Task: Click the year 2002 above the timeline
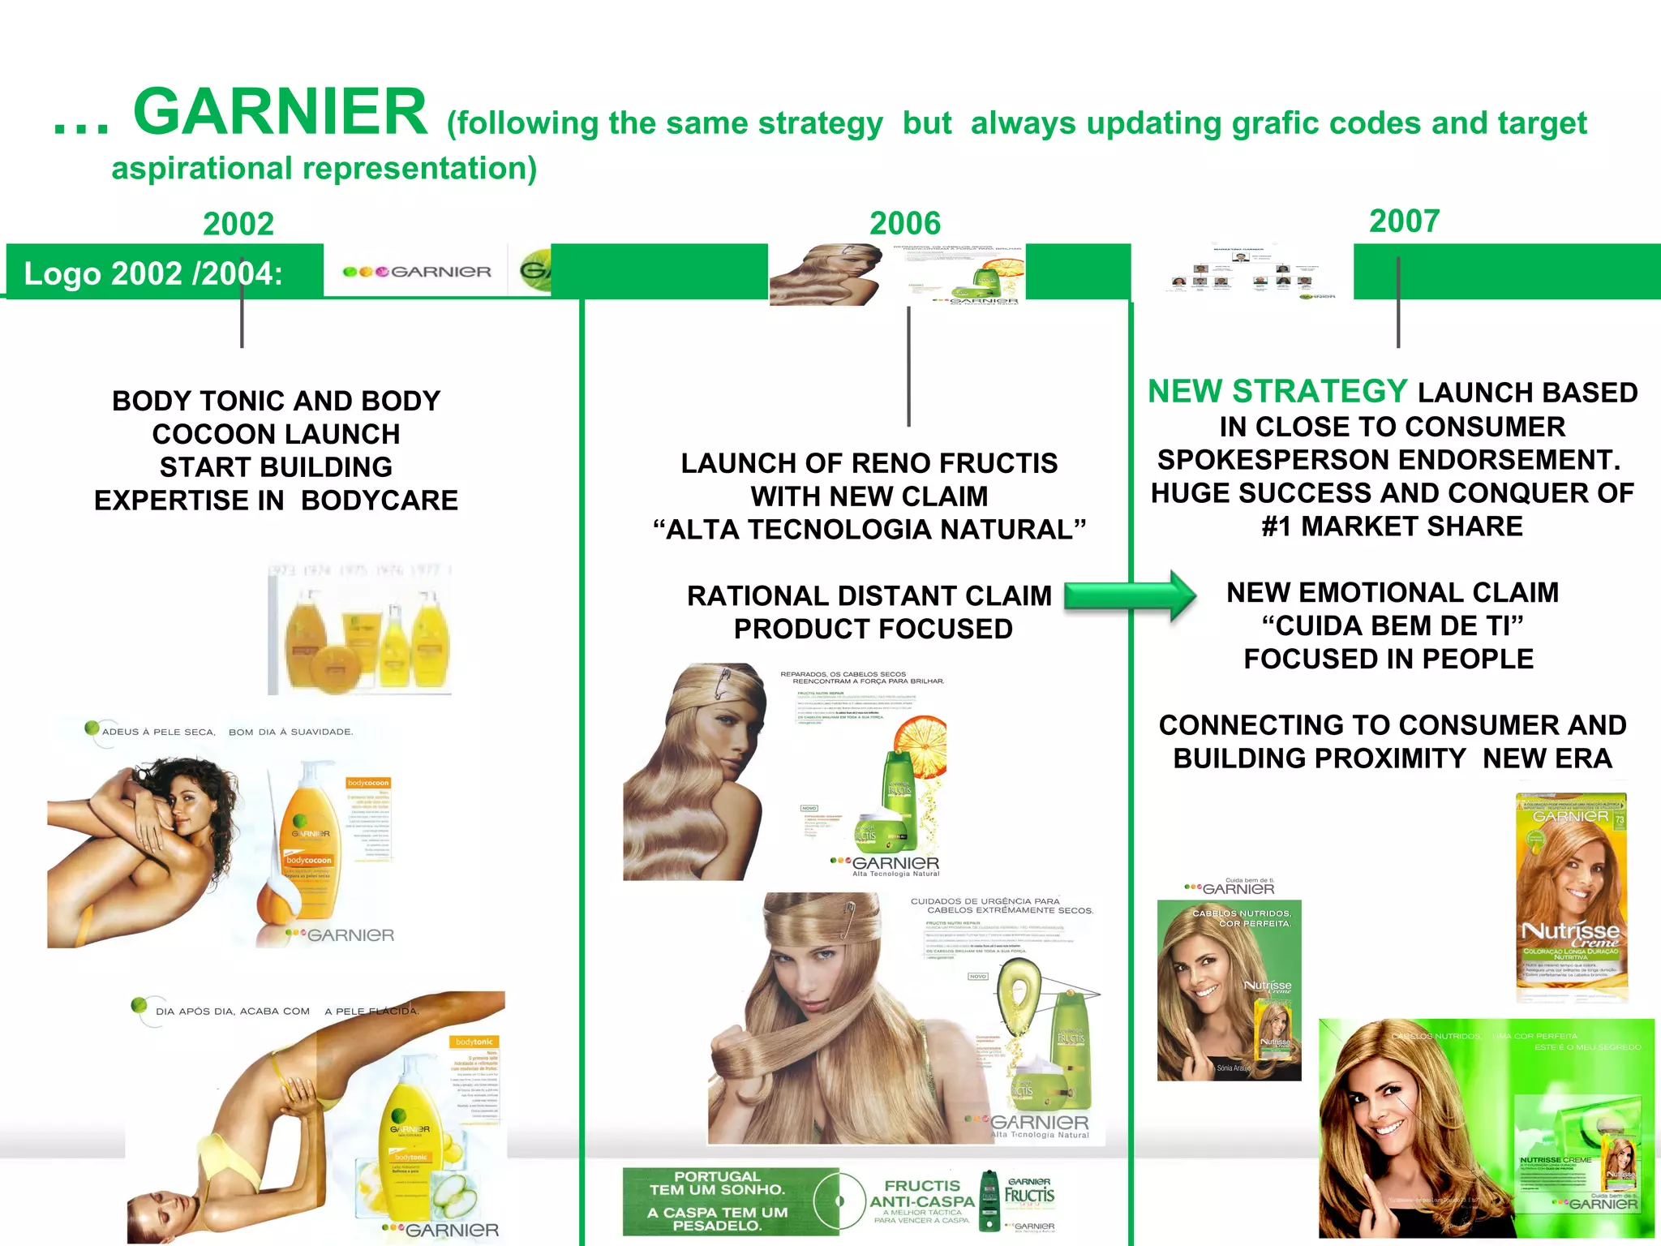click(x=238, y=224)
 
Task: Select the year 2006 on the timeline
click(x=905, y=223)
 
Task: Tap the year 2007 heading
click(x=1404, y=221)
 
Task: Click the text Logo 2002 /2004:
click(x=153, y=273)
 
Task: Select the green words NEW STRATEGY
click(x=1277, y=392)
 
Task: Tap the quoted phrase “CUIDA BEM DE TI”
click(x=1392, y=625)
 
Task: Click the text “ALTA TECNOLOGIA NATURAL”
click(x=869, y=530)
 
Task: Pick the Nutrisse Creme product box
click(x=1571, y=896)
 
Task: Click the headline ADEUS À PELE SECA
click(x=159, y=732)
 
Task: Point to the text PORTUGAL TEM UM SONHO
click(x=717, y=1184)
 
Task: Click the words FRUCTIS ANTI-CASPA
click(x=921, y=1193)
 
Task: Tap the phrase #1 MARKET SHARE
click(x=1392, y=526)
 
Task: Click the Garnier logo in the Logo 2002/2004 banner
click(x=417, y=272)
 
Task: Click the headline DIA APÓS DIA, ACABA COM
click(x=233, y=1011)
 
